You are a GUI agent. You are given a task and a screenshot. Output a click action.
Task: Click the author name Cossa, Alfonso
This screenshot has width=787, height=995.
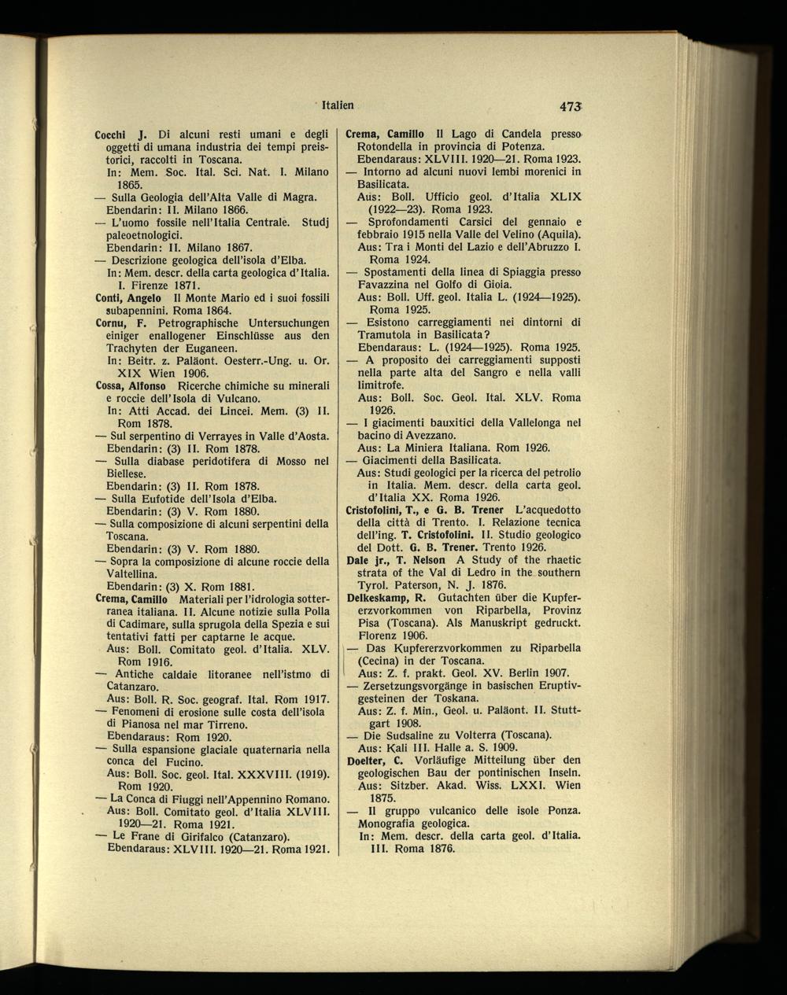click(131, 386)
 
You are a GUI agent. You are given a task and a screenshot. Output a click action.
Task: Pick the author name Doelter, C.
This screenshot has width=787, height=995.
click(375, 760)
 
